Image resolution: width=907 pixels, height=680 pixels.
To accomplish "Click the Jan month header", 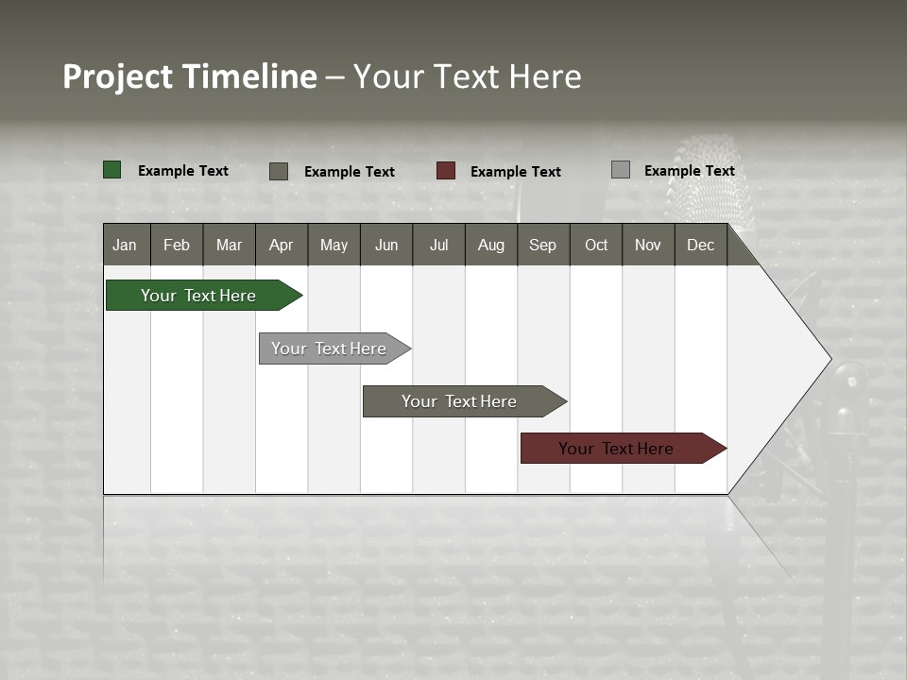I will click(x=126, y=245).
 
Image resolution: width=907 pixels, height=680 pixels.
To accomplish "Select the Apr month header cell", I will click(x=282, y=245).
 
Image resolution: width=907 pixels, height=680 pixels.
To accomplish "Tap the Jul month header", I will click(x=438, y=245).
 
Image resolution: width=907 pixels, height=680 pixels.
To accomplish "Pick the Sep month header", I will click(x=543, y=245).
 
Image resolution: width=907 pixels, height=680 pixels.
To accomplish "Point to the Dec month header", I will click(x=700, y=245).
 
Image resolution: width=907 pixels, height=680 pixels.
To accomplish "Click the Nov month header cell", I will click(x=648, y=245).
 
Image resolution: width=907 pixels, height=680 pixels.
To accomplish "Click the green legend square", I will click(x=112, y=170).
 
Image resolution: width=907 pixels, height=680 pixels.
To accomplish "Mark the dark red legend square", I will click(x=446, y=171).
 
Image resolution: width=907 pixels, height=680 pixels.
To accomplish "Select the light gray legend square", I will click(x=621, y=170).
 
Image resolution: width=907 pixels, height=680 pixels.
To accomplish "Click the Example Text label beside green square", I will click(x=183, y=171).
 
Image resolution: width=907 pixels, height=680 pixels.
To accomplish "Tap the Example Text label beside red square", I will click(x=516, y=172).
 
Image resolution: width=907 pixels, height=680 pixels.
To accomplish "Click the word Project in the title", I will click(x=118, y=76).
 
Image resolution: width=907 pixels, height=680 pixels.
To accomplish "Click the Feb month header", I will click(x=177, y=245).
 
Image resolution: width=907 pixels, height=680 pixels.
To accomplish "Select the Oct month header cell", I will click(x=596, y=245).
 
